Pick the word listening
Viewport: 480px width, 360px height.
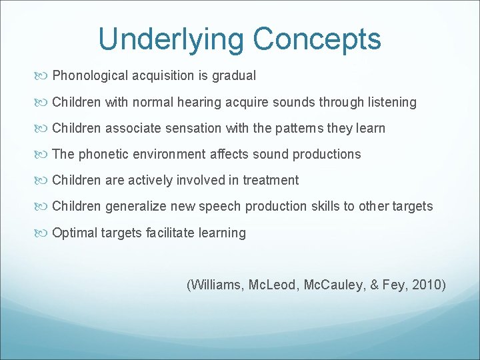(391, 103)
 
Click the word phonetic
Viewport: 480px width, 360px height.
(104, 155)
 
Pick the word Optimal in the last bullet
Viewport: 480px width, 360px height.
(73, 233)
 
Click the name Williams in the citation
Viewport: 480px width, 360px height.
(217, 285)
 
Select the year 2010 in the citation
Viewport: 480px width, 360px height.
(428, 285)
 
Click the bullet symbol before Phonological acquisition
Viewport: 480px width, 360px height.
(43, 76)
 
